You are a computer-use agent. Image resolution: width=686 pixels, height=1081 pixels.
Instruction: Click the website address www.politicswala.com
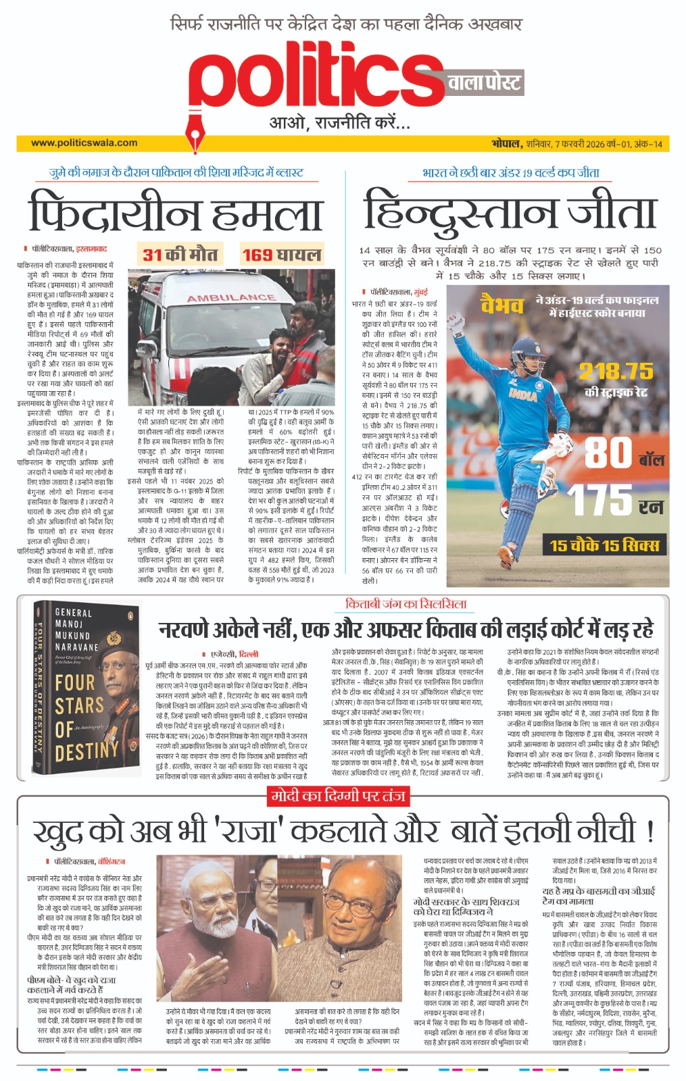pos(84,143)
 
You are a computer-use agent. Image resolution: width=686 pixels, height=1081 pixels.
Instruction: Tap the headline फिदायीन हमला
pos(175,212)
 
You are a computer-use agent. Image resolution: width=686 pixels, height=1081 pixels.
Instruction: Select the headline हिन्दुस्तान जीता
pos(510,211)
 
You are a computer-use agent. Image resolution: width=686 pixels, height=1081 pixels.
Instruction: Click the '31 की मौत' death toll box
pos(180,255)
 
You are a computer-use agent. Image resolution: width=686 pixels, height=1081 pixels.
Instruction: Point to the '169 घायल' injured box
pos(281,255)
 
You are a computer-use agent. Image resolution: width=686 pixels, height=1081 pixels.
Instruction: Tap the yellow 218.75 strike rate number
pos(616,371)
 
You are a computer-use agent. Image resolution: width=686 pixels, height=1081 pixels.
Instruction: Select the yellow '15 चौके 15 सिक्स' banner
pos(604,545)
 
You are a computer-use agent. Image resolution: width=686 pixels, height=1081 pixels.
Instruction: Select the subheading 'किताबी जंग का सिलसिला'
pos(406,604)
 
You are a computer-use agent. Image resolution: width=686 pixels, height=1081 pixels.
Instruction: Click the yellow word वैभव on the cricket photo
pos(502,305)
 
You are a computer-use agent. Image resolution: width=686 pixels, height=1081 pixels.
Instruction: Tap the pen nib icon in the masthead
pos(197,131)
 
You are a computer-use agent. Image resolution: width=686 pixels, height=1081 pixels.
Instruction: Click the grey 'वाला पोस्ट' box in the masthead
pos(484,83)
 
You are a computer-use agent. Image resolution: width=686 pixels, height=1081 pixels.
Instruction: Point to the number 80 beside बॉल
pos(608,453)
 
